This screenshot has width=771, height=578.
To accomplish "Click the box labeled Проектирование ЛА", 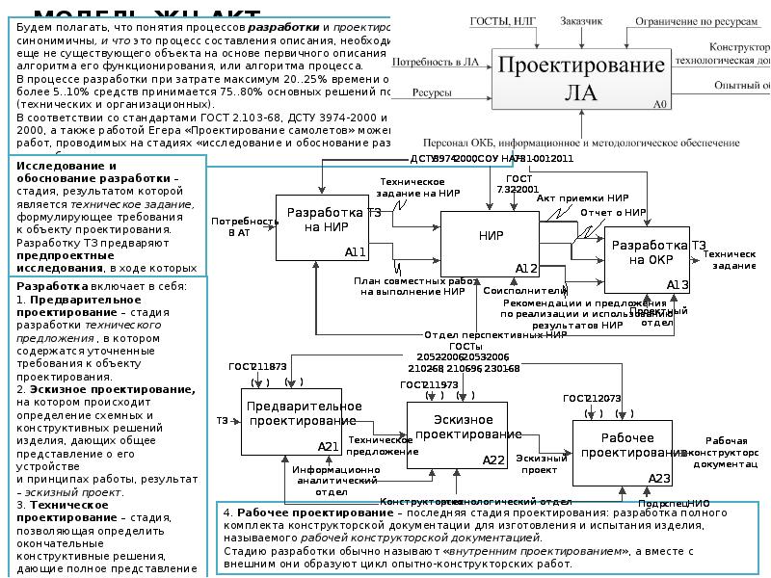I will (580, 78).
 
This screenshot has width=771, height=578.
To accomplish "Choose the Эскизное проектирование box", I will (456, 434).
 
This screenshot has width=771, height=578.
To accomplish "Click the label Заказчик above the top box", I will (582, 20).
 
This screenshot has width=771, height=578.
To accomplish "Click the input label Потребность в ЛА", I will (443, 62).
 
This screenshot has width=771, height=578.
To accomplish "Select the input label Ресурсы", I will (433, 93).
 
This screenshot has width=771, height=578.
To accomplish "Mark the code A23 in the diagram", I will (659, 478).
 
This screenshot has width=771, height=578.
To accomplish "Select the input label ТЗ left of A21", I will (222, 421).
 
